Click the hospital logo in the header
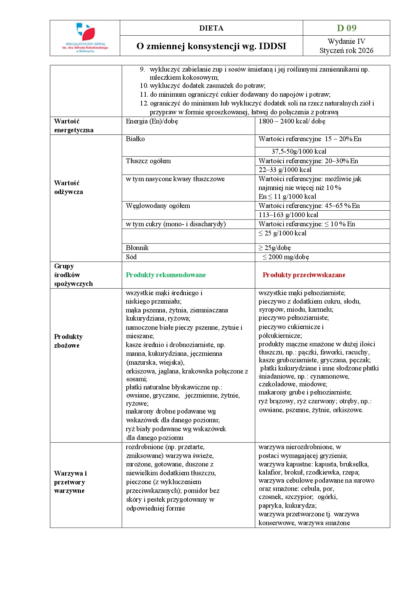(x=85, y=37)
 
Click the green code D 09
(x=346, y=28)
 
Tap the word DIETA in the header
(x=211, y=28)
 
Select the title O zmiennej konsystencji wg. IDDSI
(x=211, y=46)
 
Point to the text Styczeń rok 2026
(x=346, y=51)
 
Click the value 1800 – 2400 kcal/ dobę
(x=292, y=121)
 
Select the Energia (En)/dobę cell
(x=152, y=121)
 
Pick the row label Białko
(x=135, y=139)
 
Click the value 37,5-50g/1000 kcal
(x=299, y=152)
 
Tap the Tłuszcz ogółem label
(x=148, y=161)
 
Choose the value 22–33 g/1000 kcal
(x=285, y=170)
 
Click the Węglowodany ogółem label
(x=158, y=206)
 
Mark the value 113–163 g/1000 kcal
(x=288, y=215)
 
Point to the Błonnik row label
(x=137, y=248)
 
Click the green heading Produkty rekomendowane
(x=166, y=275)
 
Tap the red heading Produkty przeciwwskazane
(x=304, y=275)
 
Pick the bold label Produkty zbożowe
(x=68, y=341)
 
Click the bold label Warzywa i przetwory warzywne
(x=70, y=482)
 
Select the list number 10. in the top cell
(x=144, y=86)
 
